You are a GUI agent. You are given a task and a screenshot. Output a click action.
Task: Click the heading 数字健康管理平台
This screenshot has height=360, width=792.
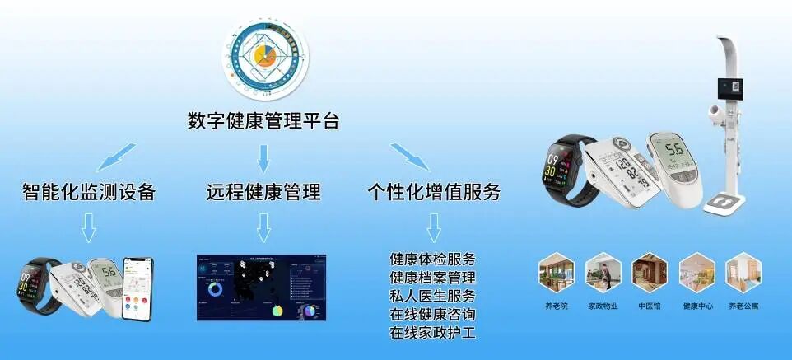pos(263,122)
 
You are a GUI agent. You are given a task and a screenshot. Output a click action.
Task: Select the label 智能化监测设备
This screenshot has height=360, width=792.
pos(88,193)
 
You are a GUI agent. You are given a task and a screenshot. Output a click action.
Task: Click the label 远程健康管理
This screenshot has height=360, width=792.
pos(263,193)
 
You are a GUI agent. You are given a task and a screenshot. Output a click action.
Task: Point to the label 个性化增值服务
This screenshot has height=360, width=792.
pos(434,193)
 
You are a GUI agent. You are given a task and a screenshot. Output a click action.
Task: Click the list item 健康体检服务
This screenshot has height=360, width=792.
pos(432,258)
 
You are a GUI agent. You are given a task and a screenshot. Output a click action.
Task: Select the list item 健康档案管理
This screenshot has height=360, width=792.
pos(432,277)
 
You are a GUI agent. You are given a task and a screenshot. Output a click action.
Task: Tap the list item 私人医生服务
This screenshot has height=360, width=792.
pos(432,296)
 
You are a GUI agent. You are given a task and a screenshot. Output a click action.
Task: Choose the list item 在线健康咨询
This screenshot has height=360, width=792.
pos(432,315)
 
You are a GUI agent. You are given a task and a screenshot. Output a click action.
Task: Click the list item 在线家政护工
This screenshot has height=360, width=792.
pos(432,334)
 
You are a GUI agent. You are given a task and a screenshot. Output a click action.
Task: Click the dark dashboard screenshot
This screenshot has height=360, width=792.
pos(261,288)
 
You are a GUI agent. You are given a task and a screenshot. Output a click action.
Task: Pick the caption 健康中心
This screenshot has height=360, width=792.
pos(696,306)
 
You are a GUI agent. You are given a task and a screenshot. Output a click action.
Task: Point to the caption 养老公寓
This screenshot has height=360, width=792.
pos(743,306)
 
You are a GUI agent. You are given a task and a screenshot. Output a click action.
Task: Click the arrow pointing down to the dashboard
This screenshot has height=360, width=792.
pos(263,227)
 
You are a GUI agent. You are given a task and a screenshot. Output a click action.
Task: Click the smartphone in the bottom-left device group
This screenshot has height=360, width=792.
pos(137,288)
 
